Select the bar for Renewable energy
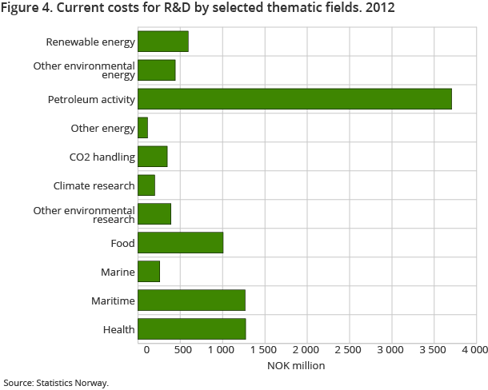(163, 42)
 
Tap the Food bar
(180, 242)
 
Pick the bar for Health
(191, 328)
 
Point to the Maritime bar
(191, 300)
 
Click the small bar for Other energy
(143, 127)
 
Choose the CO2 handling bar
(153, 156)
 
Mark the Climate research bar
(146, 185)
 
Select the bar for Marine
(149, 271)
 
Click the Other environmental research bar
(154, 213)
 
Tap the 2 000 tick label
(306, 350)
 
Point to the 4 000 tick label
(474, 350)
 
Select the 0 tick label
(146, 350)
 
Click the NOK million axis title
(298, 366)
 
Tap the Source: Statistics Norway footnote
(55, 383)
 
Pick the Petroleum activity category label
(91, 99)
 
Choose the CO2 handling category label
(102, 157)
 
